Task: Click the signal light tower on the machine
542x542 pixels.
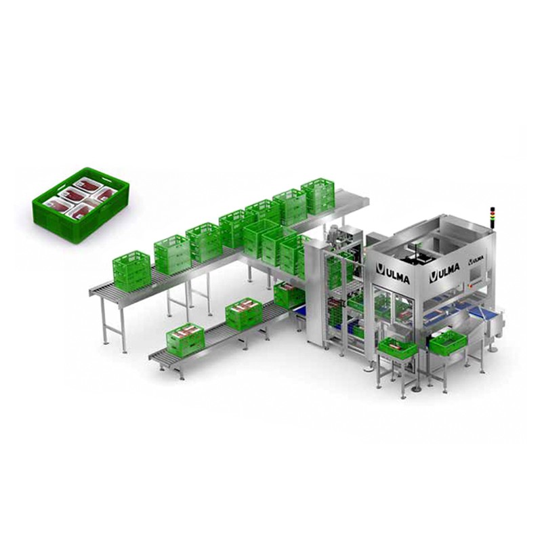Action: pos(492,218)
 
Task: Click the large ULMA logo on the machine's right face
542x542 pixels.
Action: pos(444,272)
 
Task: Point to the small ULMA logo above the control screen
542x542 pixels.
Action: pos(476,259)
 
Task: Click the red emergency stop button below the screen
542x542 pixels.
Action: pos(470,287)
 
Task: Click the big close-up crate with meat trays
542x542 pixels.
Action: pos(81,205)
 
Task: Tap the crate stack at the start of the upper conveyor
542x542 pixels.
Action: pos(131,272)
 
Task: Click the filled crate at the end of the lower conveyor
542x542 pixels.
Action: pos(185,339)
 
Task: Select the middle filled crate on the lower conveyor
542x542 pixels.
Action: pos(244,313)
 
